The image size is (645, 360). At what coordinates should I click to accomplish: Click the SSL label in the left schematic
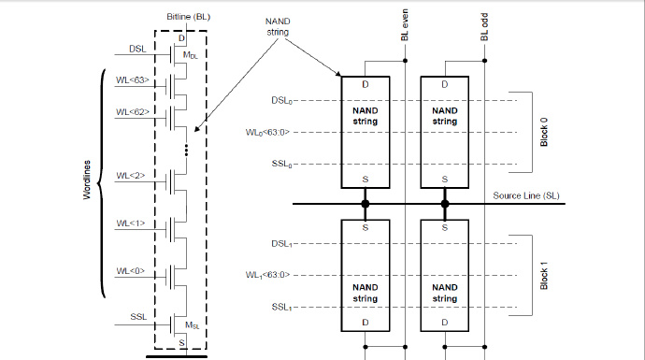(x=137, y=317)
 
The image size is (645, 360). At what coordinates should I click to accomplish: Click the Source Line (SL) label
(x=528, y=195)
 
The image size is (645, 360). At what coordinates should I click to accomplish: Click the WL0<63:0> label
(x=271, y=132)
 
